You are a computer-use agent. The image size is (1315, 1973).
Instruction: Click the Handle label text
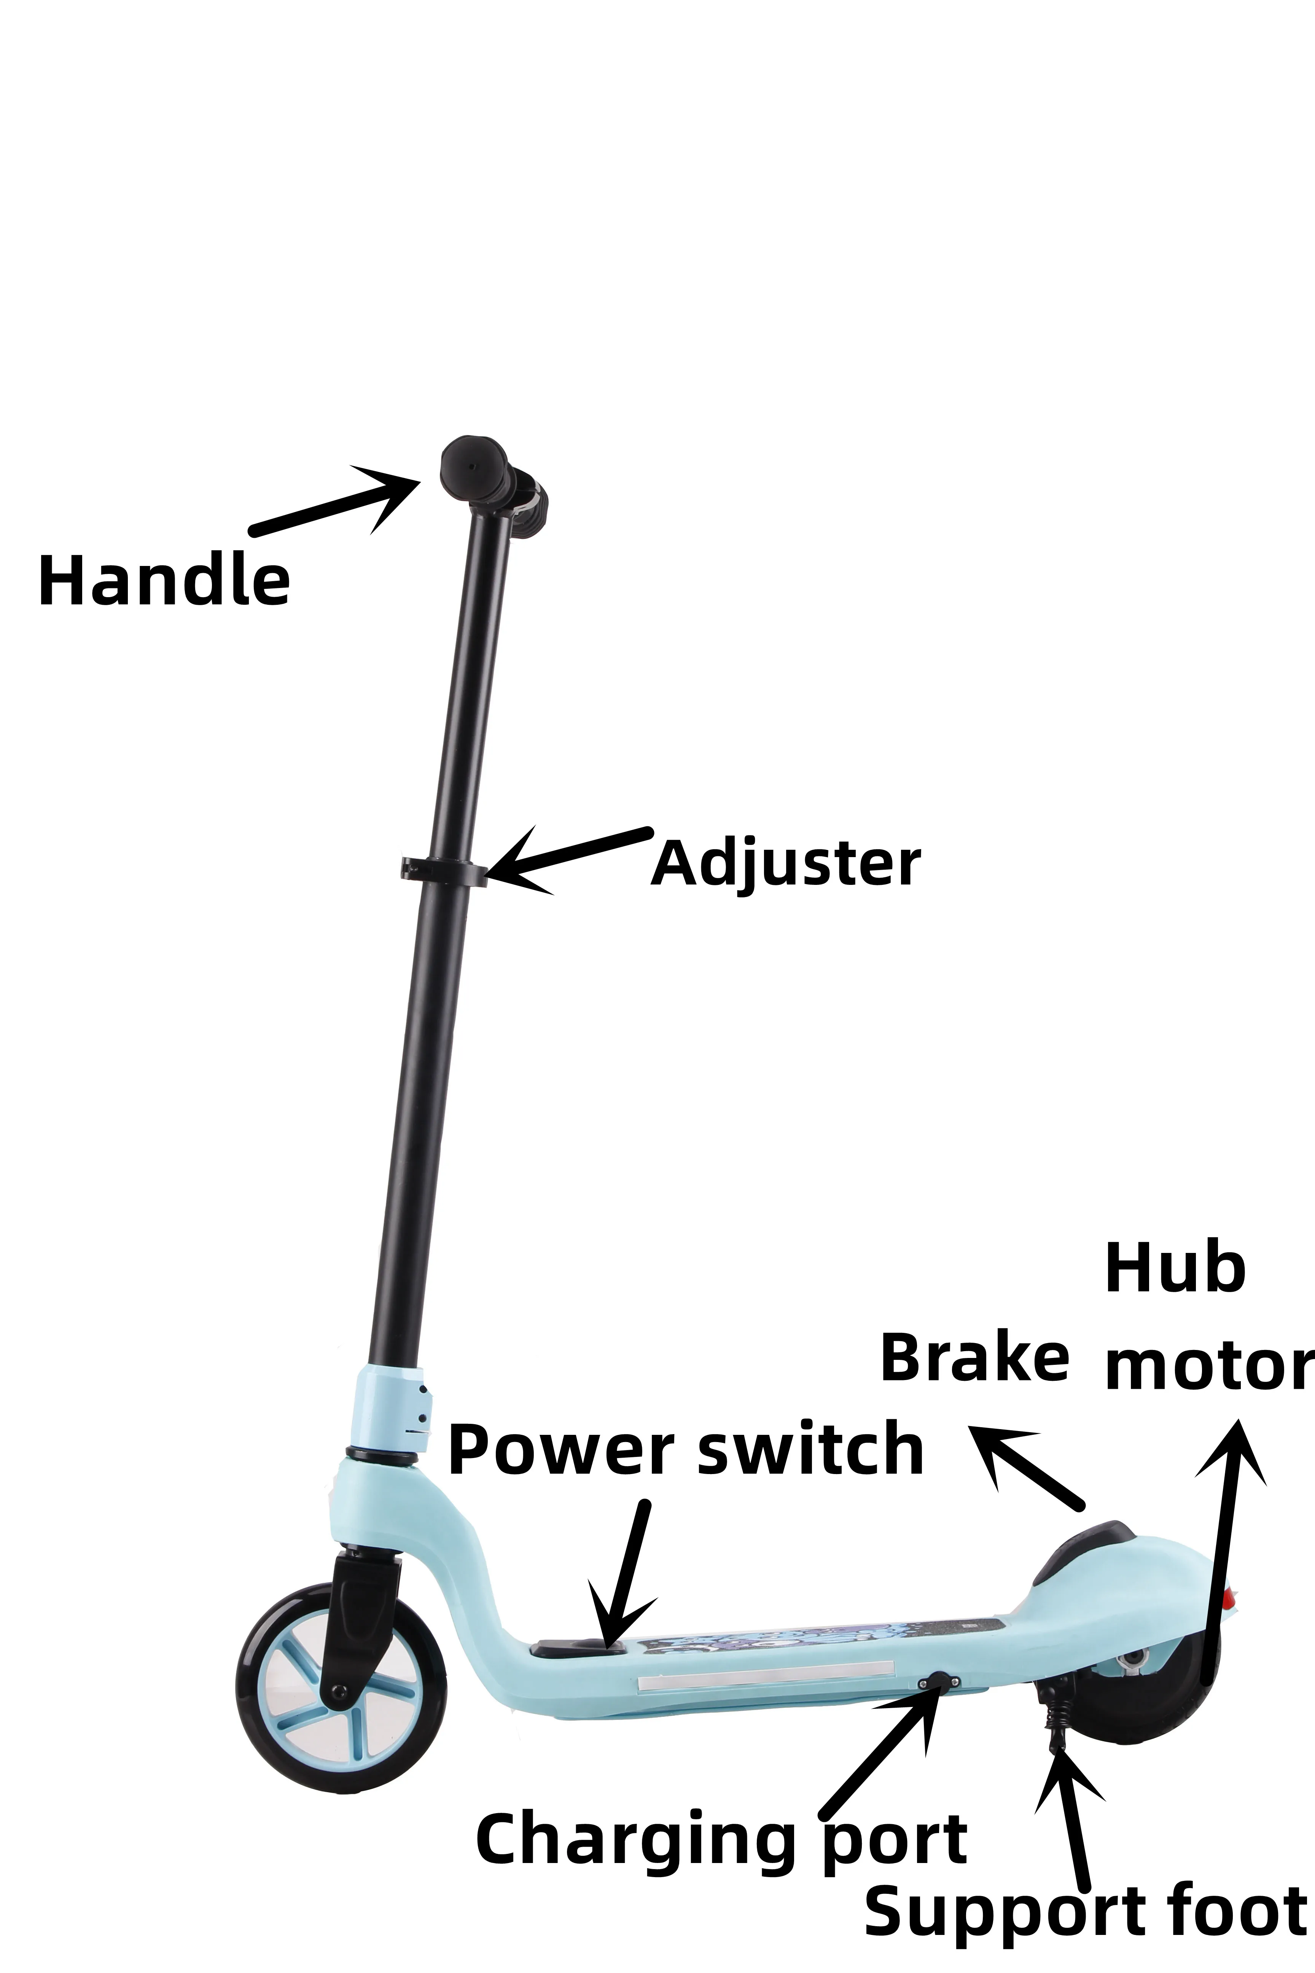click(164, 580)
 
